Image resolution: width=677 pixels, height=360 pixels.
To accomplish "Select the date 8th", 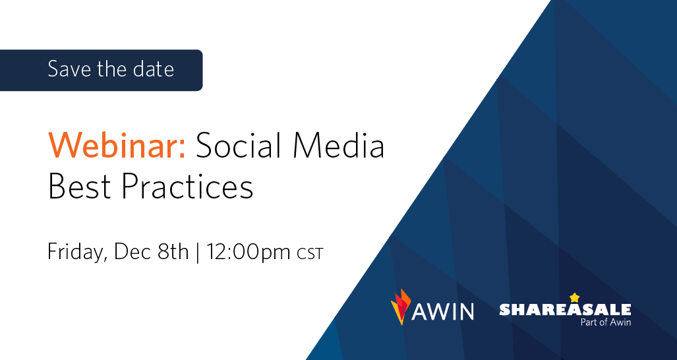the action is coord(173,252).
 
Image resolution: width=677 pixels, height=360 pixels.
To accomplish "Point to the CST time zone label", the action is coord(310,254).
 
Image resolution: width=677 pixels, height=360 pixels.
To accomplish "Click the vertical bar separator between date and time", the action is coord(197,253).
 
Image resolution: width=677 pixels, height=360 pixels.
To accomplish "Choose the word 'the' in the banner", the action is coord(113,69).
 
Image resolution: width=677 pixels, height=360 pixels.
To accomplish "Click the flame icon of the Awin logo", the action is coord(400,307).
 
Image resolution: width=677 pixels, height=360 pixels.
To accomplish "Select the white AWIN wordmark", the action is coord(443,311).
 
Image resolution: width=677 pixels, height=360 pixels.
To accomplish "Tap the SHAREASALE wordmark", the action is coord(565,309).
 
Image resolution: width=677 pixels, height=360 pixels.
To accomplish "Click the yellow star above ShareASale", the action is coord(574,297).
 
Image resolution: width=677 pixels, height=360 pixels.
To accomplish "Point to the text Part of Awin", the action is coord(606,322).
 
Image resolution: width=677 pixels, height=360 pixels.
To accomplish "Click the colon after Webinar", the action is coord(182,149).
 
